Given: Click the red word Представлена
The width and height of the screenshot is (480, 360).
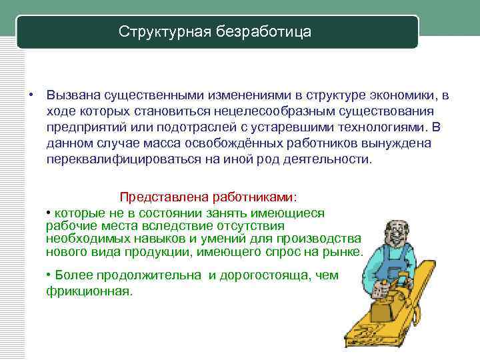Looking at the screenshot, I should point(163,197).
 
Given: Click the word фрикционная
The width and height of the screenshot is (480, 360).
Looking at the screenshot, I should point(89,291).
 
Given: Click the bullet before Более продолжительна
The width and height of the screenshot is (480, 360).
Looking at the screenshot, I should point(49,275).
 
